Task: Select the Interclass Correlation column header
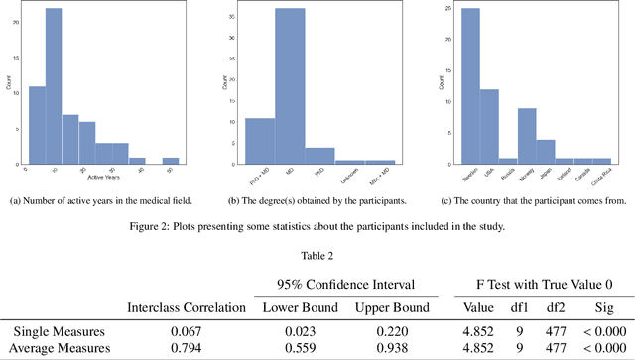pyautogui.click(x=187, y=308)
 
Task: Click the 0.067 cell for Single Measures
pyautogui.click(x=188, y=330)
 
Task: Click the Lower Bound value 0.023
pyautogui.click(x=295, y=330)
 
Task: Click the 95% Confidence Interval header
pyautogui.click(x=335, y=284)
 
